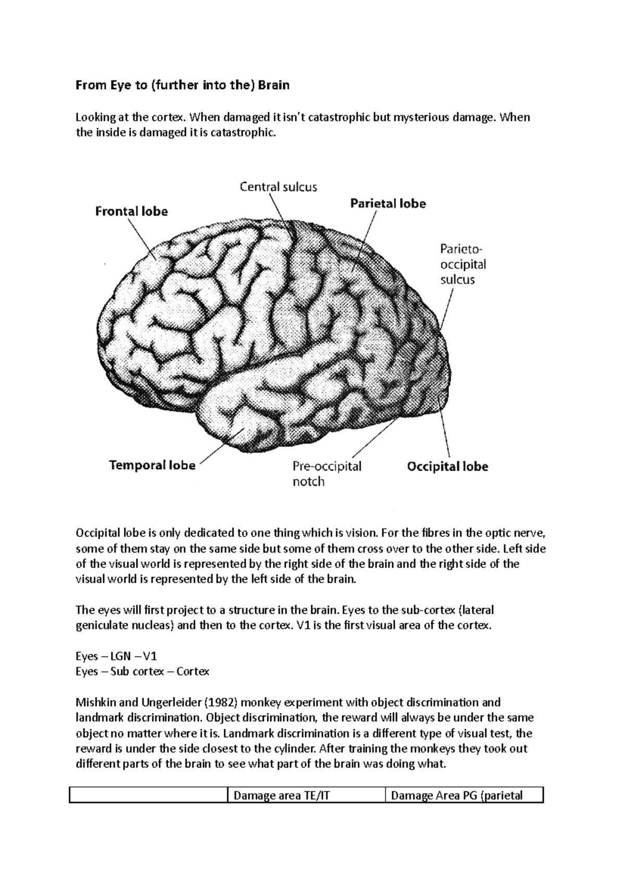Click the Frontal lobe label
[131, 212]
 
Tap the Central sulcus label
[278, 187]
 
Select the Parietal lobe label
[387, 204]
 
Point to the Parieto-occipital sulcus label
[463, 264]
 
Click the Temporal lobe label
[152, 465]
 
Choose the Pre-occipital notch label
[327, 473]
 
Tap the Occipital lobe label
[447, 466]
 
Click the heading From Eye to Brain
[182, 85]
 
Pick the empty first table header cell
[148, 795]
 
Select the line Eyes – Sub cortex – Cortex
[142, 671]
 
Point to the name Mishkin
[96, 702]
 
